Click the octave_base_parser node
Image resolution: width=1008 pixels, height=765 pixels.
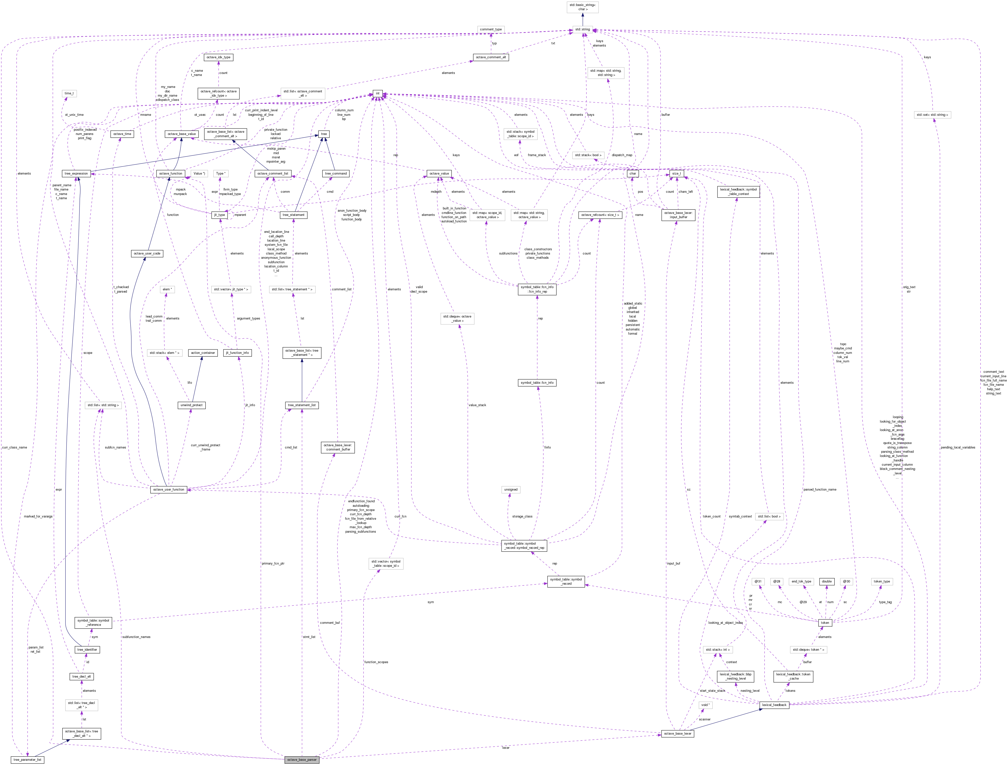(302, 760)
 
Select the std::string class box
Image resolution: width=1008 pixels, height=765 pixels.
(582, 29)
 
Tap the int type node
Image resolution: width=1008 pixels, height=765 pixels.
(377, 93)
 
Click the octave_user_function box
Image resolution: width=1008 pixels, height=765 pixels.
(169, 490)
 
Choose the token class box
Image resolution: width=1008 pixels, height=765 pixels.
(825, 623)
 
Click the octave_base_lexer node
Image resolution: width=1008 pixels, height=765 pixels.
(678, 734)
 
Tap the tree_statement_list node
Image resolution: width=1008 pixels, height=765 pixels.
(302, 405)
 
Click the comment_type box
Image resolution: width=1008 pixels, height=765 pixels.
(491, 29)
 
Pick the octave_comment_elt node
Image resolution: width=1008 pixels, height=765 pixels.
(491, 57)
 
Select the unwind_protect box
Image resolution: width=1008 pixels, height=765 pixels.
(191, 405)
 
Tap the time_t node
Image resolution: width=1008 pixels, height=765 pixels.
(69, 93)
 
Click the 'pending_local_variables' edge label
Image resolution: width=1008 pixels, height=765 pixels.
(958, 447)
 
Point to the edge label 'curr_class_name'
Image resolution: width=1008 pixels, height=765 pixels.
(15, 447)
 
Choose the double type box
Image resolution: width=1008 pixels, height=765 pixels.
(827, 581)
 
